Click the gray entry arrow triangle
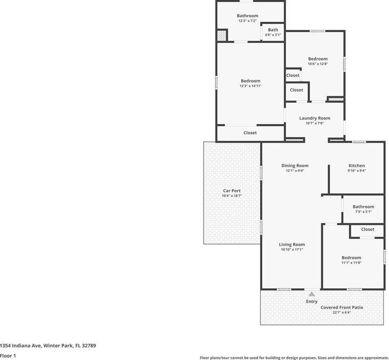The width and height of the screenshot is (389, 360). click(312, 294)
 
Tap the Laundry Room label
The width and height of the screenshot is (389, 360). click(315, 118)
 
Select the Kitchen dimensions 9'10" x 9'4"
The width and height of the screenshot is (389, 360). click(357, 170)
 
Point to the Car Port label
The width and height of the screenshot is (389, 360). click(232, 191)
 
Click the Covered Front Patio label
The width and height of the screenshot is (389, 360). click(342, 307)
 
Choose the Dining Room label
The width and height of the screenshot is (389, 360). click(295, 166)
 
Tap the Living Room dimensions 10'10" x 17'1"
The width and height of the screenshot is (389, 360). click(292, 249)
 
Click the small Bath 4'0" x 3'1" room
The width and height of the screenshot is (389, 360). click(273, 32)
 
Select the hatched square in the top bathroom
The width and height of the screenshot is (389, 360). click(222, 35)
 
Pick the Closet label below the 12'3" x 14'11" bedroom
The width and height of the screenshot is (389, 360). click(250, 133)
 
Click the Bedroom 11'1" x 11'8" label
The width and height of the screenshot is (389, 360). click(351, 257)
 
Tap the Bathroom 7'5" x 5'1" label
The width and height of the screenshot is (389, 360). click(363, 207)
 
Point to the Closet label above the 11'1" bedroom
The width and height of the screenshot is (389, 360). click(367, 229)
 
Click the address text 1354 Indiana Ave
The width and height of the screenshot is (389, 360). click(20, 346)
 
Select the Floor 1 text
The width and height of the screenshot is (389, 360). click(8, 355)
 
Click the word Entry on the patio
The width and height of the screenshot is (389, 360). click(312, 301)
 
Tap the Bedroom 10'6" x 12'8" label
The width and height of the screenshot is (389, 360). click(318, 59)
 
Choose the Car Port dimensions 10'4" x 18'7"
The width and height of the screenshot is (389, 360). click(232, 196)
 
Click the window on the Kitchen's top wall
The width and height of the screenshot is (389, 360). click(359, 142)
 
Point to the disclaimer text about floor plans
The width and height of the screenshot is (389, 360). click(294, 357)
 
